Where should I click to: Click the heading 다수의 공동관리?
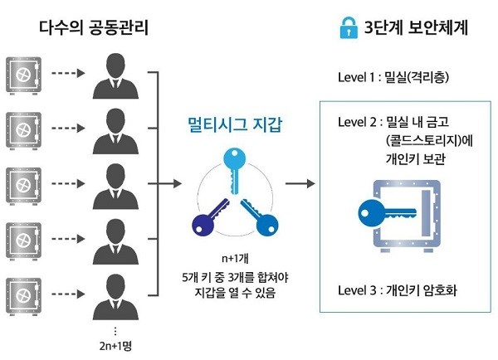[90, 27]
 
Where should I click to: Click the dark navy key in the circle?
[207, 218]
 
